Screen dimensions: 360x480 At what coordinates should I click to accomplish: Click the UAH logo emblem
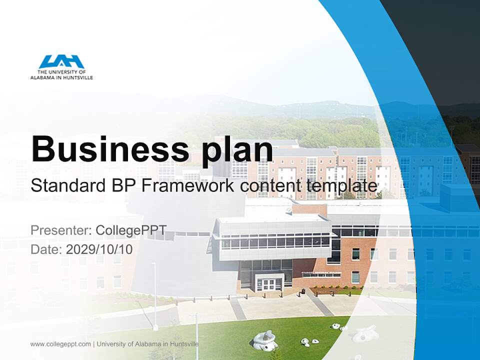pos(61,62)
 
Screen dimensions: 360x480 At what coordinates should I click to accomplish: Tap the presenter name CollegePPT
pos(131,230)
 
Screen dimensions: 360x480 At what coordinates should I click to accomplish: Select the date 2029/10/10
pos(99,249)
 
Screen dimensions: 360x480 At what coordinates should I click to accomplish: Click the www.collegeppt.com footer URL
pos(60,344)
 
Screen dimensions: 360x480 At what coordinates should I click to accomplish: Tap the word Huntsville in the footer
pos(183,344)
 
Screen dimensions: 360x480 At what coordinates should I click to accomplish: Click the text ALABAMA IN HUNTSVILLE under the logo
pos(61,77)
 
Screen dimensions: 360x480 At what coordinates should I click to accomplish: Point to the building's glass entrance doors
pos(269,284)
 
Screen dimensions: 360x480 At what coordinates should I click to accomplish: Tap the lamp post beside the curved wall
pos(155,295)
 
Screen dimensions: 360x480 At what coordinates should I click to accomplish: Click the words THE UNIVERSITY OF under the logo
pos(61,72)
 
